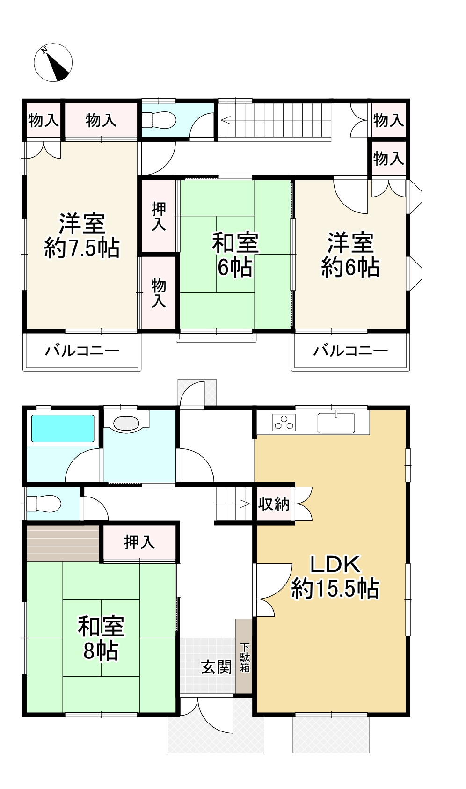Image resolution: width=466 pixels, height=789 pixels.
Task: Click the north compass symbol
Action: (x=53, y=63)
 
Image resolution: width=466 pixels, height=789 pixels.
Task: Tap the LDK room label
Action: (x=335, y=577)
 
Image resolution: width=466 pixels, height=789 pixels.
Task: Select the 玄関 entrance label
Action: (x=216, y=666)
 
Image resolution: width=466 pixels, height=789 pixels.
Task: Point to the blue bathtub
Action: (x=63, y=428)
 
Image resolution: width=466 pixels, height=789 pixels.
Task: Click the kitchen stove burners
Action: (x=284, y=423)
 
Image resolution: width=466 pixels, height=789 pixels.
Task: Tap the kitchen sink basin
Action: (x=336, y=423)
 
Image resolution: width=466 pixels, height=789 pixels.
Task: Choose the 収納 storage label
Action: (x=274, y=504)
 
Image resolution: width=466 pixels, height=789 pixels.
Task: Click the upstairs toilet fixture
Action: (x=159, y=120)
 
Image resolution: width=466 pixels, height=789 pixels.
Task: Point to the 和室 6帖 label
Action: (x=235, y=255)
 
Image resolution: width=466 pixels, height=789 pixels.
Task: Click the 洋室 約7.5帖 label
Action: (x=82, y=236)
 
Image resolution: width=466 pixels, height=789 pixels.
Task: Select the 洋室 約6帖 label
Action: (x=350, y=255)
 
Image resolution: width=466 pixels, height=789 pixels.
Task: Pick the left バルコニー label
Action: (x=82, y=350)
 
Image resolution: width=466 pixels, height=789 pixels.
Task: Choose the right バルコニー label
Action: (x=350, y=350)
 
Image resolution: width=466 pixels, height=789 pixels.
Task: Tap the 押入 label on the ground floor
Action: (x=139, y=542)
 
